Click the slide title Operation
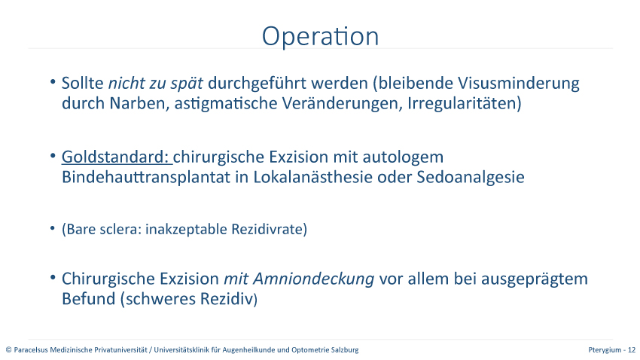click(x=321, y=36)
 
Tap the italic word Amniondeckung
click(x=313, y=279)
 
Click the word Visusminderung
click(x=518, y=84)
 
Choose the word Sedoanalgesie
click(x=470, y=177)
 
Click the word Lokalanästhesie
click(x=312, y=177)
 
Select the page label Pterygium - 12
click(x=612, y=349)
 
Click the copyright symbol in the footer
click(x=8, y=349)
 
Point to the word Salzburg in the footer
click(x=346, y=349)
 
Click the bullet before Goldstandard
click(x=53, y=156)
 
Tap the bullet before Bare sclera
click(x=53, y=228)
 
